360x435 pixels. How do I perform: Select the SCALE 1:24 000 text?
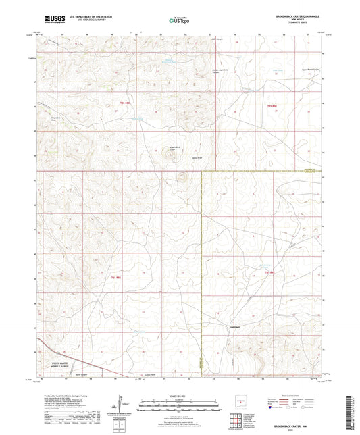[x=179, y=396]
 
